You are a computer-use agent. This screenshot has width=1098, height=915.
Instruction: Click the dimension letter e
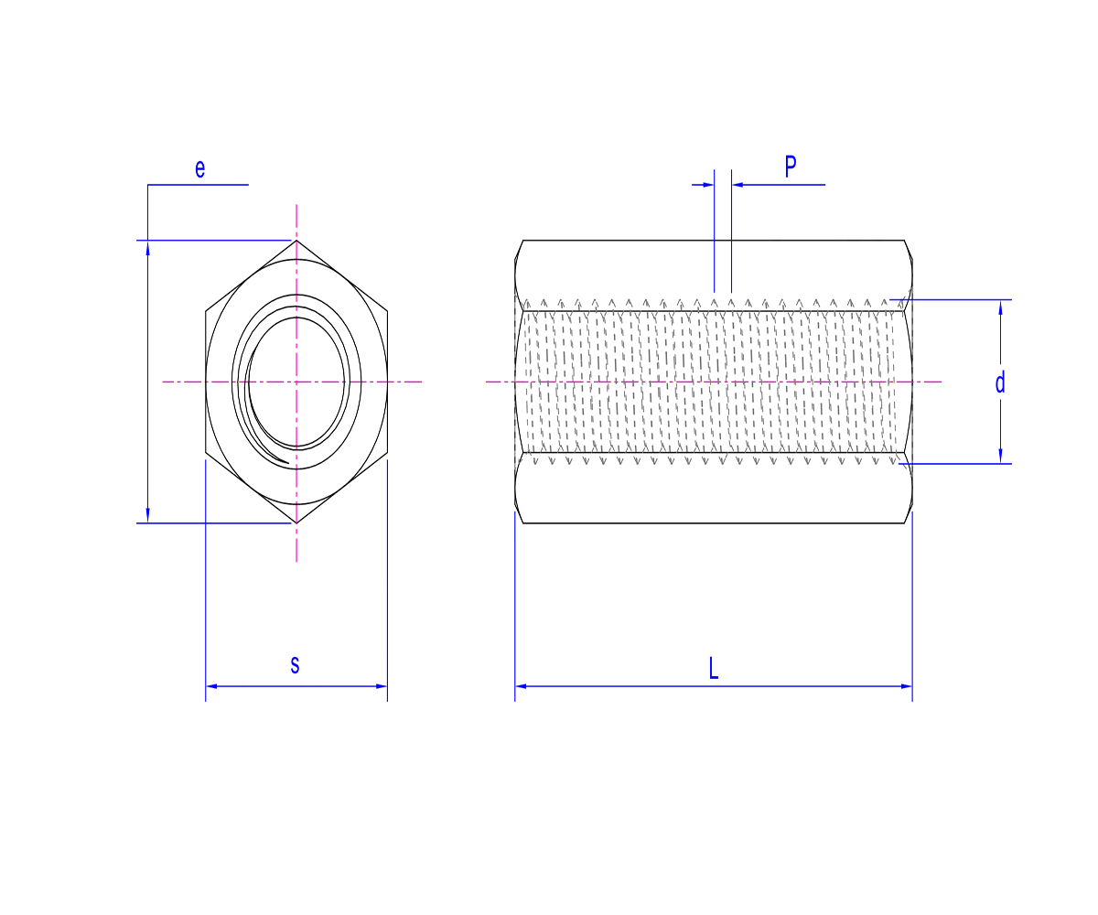tap(200, 168)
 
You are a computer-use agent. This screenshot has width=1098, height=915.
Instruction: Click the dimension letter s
tap(295, 664)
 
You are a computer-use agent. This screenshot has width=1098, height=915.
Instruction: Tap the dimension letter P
tap(791, 167)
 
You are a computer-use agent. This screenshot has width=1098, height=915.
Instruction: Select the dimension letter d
tap(1000, 382)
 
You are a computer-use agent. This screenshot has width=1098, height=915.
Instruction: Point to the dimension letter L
tap(714, 667)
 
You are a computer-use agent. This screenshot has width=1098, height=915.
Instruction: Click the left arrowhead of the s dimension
tap(211, 685)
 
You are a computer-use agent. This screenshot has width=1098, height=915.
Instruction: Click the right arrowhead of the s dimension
tap(382, 685)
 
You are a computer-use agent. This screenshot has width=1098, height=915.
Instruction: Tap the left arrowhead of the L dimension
tap(521, 685)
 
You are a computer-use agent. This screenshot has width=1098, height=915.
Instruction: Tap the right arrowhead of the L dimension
tap(907, 685)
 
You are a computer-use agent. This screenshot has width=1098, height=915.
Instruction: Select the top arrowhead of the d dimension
tap(1000, 307)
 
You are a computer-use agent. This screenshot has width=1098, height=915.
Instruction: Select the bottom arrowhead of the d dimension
tap(1000, 457)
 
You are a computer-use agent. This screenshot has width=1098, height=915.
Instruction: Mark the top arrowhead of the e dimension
tap(148, 246)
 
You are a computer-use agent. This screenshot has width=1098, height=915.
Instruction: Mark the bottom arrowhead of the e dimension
tap(148, 517)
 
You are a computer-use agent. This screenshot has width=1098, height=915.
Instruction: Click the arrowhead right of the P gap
tap(737, 185)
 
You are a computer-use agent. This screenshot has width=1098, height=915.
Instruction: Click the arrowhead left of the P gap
tap(707, 185)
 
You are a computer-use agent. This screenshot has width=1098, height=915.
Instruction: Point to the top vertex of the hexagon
tap(296, 241)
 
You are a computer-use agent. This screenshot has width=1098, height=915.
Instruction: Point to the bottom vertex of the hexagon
tap(296, 523)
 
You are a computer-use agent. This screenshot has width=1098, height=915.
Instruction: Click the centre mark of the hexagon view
tap(296, 381)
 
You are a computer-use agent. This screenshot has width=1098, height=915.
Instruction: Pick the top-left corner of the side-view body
tap(522, 241)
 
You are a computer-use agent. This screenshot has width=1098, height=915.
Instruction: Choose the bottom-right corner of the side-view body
tap(905, 522)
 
